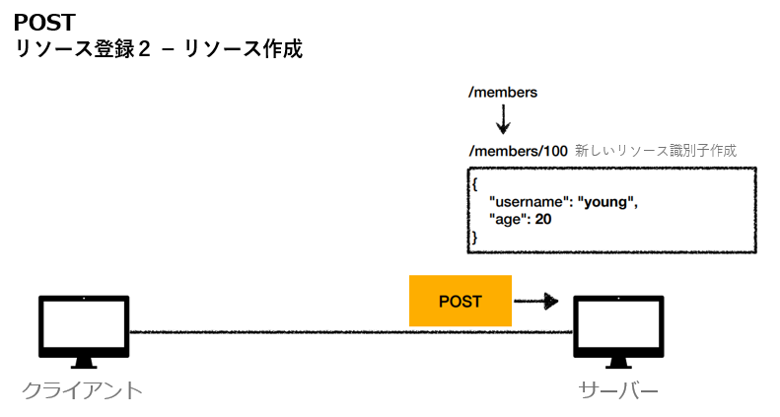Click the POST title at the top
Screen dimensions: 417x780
(44, 22)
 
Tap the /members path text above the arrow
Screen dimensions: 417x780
(503, 92)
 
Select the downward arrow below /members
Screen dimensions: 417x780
(503, 119)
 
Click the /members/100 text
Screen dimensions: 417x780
(518, 151)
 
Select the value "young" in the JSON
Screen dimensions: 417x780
(608, 202)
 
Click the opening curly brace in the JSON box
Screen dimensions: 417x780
(474, 184)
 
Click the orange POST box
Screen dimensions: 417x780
(461, 301)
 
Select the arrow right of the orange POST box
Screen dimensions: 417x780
(536, 301)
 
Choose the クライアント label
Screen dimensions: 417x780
(83, 390)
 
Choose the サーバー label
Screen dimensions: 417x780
(618, 390)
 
